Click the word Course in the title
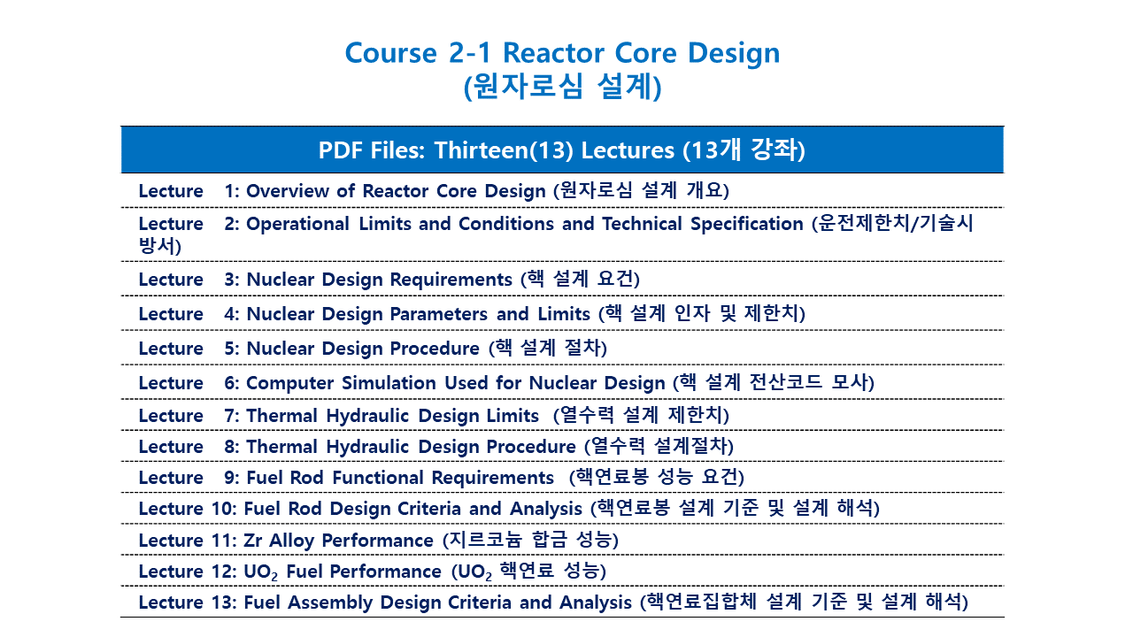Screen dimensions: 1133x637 pyautogui.click(x=390, y=53)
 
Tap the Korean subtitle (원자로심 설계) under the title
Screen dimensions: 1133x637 pyautogui.click(x=562, y=87)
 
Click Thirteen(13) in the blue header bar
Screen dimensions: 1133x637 pyautogui.click(x=504, y=150)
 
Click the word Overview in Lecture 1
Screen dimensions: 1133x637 pyautogui.click(x=288, y=191)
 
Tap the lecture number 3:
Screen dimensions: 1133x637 pyautogui.click(x=232, y=280)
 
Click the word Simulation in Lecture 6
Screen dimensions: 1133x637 pyautogui.click(x=389, y=383)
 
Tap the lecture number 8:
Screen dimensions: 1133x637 pyautogui.click(x=232, y=447)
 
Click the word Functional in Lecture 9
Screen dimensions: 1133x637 pyautogui.click(x=377, y=478)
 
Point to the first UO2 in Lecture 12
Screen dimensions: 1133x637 pyautogui.click(x=260, y=572)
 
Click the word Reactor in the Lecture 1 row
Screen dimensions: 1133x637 pyautogui.click(x=395, y=191)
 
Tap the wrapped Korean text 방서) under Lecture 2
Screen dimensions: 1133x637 pyautogui.click(x=160, y=246)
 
